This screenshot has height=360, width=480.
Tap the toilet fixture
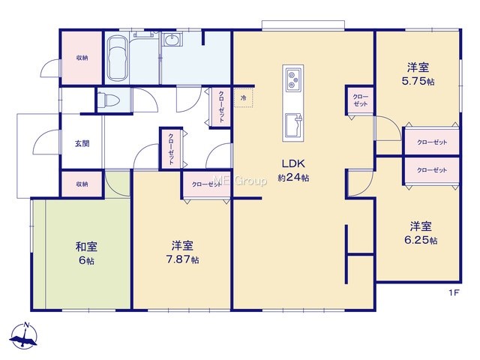[x=108, y=100]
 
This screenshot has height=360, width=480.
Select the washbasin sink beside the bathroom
[x=172, y=40]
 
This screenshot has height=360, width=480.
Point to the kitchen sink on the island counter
[x=293, y=125]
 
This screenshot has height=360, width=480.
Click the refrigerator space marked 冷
[x=244, y=98]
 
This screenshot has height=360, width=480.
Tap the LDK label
[x=293, y=163]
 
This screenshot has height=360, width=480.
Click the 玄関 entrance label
[x=82, y=143]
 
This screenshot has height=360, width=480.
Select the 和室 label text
[x=87, y=247]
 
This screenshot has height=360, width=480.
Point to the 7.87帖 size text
[x=182, y=259]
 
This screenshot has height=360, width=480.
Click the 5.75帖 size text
[x=418, y=81]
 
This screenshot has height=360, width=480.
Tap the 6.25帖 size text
[x=421, y=240]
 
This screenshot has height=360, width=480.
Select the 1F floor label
[x=454, y=292]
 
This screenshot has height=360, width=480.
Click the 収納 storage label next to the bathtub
[x=82, y=58]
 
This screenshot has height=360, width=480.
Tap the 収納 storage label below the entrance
[x=82, y=184]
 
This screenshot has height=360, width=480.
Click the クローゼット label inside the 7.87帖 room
[x=207, y=184]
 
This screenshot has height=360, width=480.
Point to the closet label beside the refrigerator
[x=221, y=106]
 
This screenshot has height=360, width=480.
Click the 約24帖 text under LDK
[x=293, y=178]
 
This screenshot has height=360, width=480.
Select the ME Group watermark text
[x=240, y=181]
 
